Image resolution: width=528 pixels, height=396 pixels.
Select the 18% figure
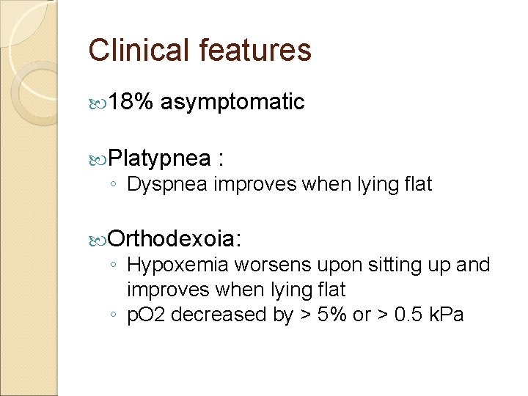click(131, 103)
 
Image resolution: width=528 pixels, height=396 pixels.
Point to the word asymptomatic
click(232, 103)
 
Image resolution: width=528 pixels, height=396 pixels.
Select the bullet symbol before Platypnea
click(100, 158)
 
